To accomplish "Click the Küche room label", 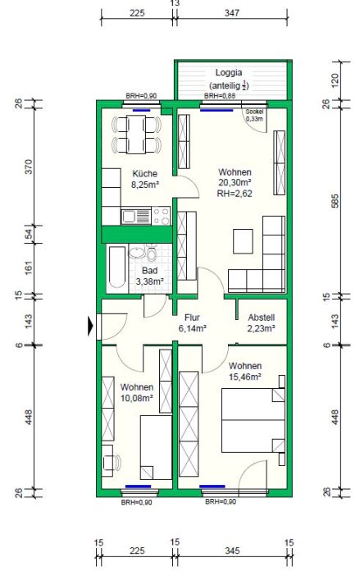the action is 144,174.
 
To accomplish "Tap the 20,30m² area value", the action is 235,183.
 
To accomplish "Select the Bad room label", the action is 149,271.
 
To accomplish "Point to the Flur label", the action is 192,318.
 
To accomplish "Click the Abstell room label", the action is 262,318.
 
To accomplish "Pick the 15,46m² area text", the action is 245,377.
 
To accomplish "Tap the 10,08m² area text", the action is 136,397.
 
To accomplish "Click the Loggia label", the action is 229,72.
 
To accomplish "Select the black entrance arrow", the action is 91,327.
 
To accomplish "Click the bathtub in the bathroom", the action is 117,267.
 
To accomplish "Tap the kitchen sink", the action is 136,216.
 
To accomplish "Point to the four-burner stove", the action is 161,216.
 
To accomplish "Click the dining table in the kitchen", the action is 136,135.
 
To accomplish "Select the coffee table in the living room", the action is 243,241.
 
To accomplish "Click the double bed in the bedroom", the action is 253,420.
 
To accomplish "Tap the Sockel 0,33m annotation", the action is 254,116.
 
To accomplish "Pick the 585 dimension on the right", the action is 335,200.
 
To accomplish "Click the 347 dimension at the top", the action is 232,13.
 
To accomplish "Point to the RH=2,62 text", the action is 235,193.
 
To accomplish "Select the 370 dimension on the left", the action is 29,167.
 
